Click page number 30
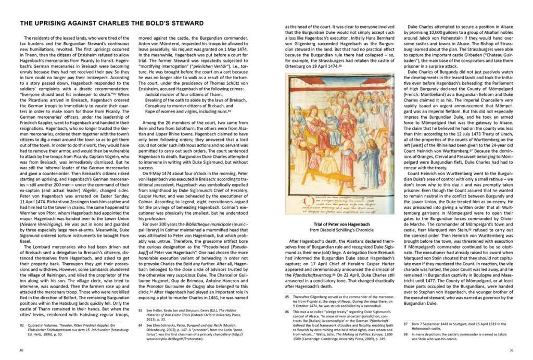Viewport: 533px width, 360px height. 21,350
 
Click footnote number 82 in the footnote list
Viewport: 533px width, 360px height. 22,325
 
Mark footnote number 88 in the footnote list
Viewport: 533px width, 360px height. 406,334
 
